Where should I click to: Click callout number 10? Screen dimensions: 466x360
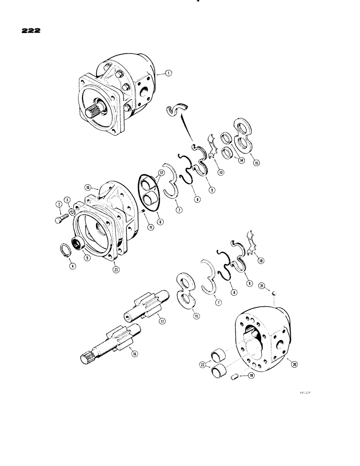[87, 187]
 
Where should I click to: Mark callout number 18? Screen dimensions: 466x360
[260, 261]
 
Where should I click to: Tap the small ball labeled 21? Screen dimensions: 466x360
[275, 293]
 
